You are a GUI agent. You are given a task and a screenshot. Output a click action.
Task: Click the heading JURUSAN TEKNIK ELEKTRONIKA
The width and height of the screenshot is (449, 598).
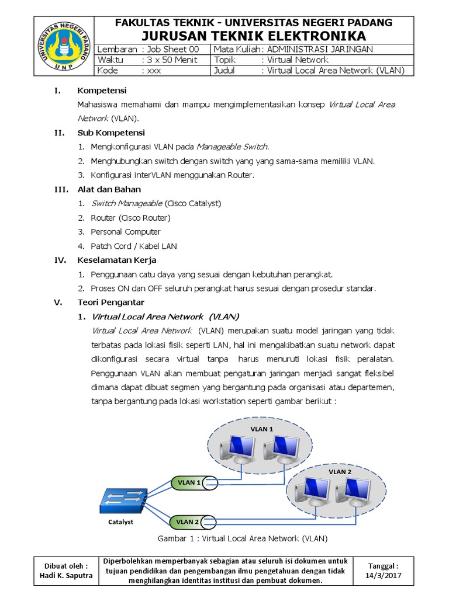(253, 36)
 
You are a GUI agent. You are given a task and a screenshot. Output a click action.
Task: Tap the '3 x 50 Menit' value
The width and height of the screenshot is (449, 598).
(170, 60)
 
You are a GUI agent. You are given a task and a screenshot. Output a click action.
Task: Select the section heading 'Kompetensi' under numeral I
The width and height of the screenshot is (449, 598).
(102, 91)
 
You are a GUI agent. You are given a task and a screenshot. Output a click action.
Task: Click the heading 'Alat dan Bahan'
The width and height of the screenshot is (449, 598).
(109, 189)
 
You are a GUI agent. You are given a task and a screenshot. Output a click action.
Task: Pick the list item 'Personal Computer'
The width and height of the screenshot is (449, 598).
(125, 232)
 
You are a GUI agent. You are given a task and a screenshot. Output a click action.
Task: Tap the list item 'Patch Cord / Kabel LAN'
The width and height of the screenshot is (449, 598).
(133, 246)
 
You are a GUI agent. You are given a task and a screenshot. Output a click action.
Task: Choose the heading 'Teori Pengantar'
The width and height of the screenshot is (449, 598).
(110, 303)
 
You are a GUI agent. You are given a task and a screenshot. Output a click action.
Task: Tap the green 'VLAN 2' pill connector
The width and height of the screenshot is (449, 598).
(191, 521)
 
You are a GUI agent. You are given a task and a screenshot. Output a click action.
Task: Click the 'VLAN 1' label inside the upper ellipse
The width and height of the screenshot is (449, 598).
(262, 429)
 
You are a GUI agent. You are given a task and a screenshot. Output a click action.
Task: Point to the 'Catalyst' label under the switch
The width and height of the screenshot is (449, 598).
(120, 522)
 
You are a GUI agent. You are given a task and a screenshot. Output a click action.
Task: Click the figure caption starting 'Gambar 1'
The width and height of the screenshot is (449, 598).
(243, 538)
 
